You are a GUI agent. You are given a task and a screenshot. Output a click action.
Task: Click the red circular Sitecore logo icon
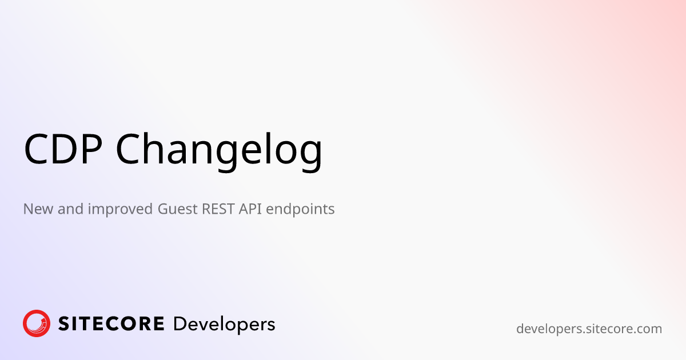click(37, 324)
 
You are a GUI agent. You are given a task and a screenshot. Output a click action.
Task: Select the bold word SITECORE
click(111, 324)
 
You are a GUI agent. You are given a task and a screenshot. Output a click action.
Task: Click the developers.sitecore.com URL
click(589, 329)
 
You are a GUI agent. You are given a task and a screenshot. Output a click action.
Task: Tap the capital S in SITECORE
click(65, 324)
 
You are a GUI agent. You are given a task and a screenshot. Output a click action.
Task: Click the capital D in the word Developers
click(180, 324)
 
